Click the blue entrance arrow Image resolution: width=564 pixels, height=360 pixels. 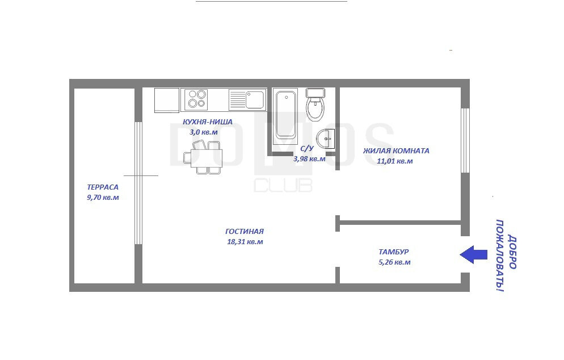pos(473,254)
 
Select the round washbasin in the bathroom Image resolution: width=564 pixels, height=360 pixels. pos(325,139)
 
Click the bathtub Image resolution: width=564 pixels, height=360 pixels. pos(285,116)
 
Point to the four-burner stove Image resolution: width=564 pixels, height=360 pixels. pos(196,99)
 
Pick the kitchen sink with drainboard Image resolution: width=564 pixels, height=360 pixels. pos(247,100)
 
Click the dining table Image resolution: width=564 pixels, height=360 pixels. pos(206,158)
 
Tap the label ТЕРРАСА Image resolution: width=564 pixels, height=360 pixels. pos(103,187)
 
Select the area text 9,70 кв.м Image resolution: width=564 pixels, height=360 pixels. pos(103,197)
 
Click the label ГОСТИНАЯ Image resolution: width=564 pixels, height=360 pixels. pos(245,232)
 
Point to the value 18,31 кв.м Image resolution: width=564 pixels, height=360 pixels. pos(245,242)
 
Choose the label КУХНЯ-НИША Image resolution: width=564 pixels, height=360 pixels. pos(208,122)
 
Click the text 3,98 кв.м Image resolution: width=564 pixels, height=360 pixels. pos(309,159)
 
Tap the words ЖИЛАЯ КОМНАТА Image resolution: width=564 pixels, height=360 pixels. pos(396,151)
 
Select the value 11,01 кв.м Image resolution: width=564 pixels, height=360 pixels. pos(395,161)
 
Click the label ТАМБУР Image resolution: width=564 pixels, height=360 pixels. pos(394,252)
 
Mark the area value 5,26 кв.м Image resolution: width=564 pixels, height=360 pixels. pos(394,262)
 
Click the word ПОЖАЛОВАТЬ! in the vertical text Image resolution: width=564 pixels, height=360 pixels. pos(500,256)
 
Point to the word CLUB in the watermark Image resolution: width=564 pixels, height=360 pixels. pos(283,185)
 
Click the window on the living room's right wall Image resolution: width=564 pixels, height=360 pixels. pos(465,140)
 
